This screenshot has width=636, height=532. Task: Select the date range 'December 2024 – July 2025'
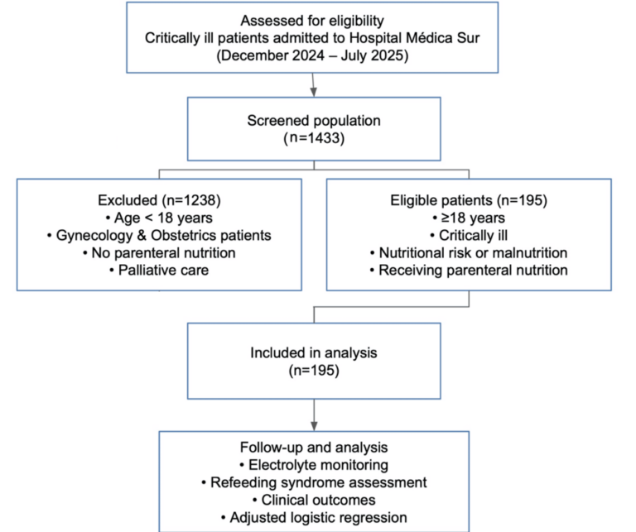click(313, 56)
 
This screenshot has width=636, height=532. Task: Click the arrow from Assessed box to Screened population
click(313, 85)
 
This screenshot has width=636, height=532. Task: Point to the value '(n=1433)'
click(313, 138)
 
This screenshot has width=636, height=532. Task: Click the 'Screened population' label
click(313, 121)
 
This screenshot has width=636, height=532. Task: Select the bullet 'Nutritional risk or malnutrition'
click(469, 252)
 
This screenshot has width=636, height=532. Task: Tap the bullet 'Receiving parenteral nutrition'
click(469, 269)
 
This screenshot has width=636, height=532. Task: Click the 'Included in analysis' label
click(313, 352)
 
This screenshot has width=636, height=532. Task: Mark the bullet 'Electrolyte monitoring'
click(313, 466)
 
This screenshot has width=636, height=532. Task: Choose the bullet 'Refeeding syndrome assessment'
click(313, 483)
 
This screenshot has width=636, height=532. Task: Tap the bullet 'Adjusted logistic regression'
click(313, 518)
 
